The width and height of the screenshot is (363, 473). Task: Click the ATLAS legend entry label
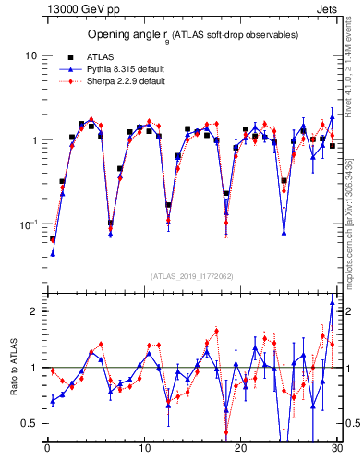100,56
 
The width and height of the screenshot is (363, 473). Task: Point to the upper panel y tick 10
30,55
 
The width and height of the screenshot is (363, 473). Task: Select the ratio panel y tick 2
34,311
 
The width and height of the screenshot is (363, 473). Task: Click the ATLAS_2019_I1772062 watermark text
191,275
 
